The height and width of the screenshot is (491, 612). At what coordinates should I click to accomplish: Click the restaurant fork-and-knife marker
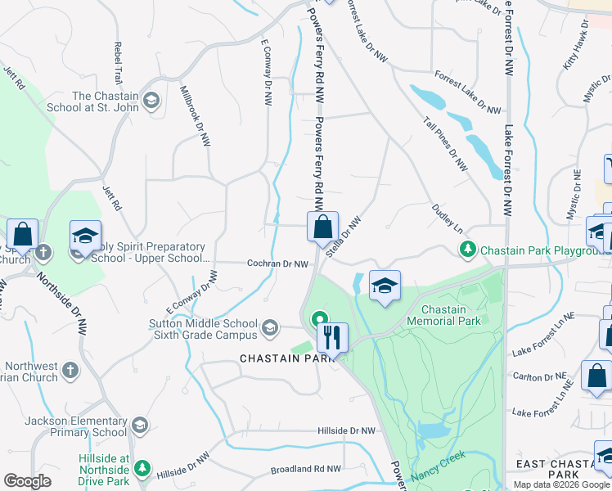tap(332, 336)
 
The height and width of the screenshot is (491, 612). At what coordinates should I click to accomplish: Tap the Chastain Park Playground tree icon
tap(467, 248)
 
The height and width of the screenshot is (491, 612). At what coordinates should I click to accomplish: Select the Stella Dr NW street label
tap(344, 236)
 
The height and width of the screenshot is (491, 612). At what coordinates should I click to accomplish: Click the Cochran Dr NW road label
tap(278, 264)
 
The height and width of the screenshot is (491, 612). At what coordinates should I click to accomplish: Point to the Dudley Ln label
tap(448, 218)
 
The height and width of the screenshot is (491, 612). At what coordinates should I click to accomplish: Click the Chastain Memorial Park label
tap(444, 315)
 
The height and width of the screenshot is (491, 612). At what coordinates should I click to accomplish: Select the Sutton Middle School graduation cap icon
tap(269, 329)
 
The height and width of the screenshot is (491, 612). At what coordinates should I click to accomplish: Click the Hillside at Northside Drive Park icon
tap(142, 468)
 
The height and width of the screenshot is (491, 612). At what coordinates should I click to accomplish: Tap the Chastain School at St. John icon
tap(151, 101)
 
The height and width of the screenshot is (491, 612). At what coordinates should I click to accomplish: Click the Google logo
tap(27, 481)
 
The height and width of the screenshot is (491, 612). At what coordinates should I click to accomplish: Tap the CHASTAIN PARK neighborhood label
tap(278, 358)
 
